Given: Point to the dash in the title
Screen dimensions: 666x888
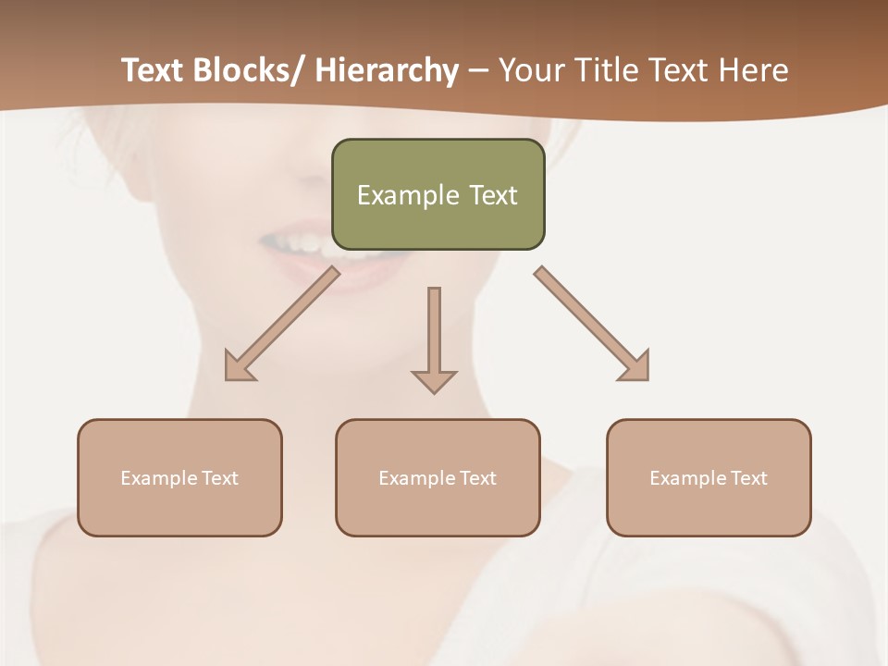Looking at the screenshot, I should coord(478,71).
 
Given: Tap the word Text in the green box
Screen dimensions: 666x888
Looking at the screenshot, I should coord(493,195).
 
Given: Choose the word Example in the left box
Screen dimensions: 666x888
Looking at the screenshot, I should coord(159,478).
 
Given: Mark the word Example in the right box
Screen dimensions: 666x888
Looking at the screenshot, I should coord(688,478).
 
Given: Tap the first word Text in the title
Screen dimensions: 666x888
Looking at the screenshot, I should coord(154,70).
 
